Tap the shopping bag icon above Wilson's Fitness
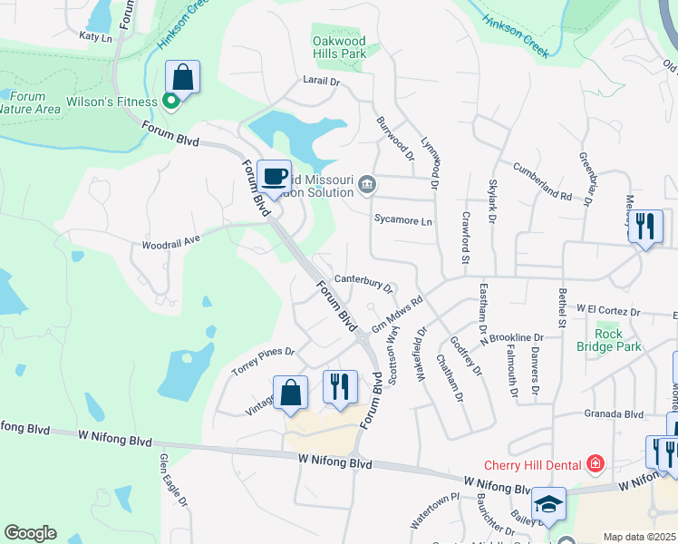(182, 77)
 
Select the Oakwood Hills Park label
(339, 47)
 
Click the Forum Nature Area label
(31, 102)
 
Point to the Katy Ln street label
(95, 37)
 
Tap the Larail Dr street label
(320, 82)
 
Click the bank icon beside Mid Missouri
(366, 185)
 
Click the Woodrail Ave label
(170, 243)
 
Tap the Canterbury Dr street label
(363, 282)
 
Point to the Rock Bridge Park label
(608, 340)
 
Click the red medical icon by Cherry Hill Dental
(595, 465)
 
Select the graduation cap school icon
(548, 504)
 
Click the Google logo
(30, 533)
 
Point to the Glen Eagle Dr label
(173, 481)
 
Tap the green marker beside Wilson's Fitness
(169, 101)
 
